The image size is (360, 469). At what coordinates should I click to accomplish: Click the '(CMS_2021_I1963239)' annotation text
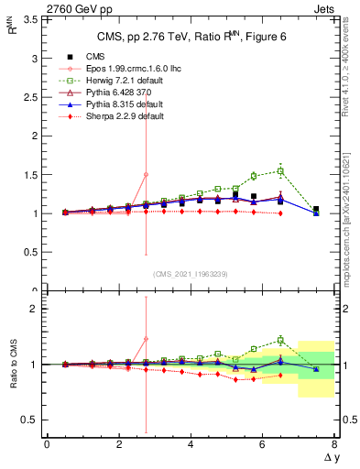pos(190,273)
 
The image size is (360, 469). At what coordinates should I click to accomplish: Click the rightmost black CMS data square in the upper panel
pos(316,210)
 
